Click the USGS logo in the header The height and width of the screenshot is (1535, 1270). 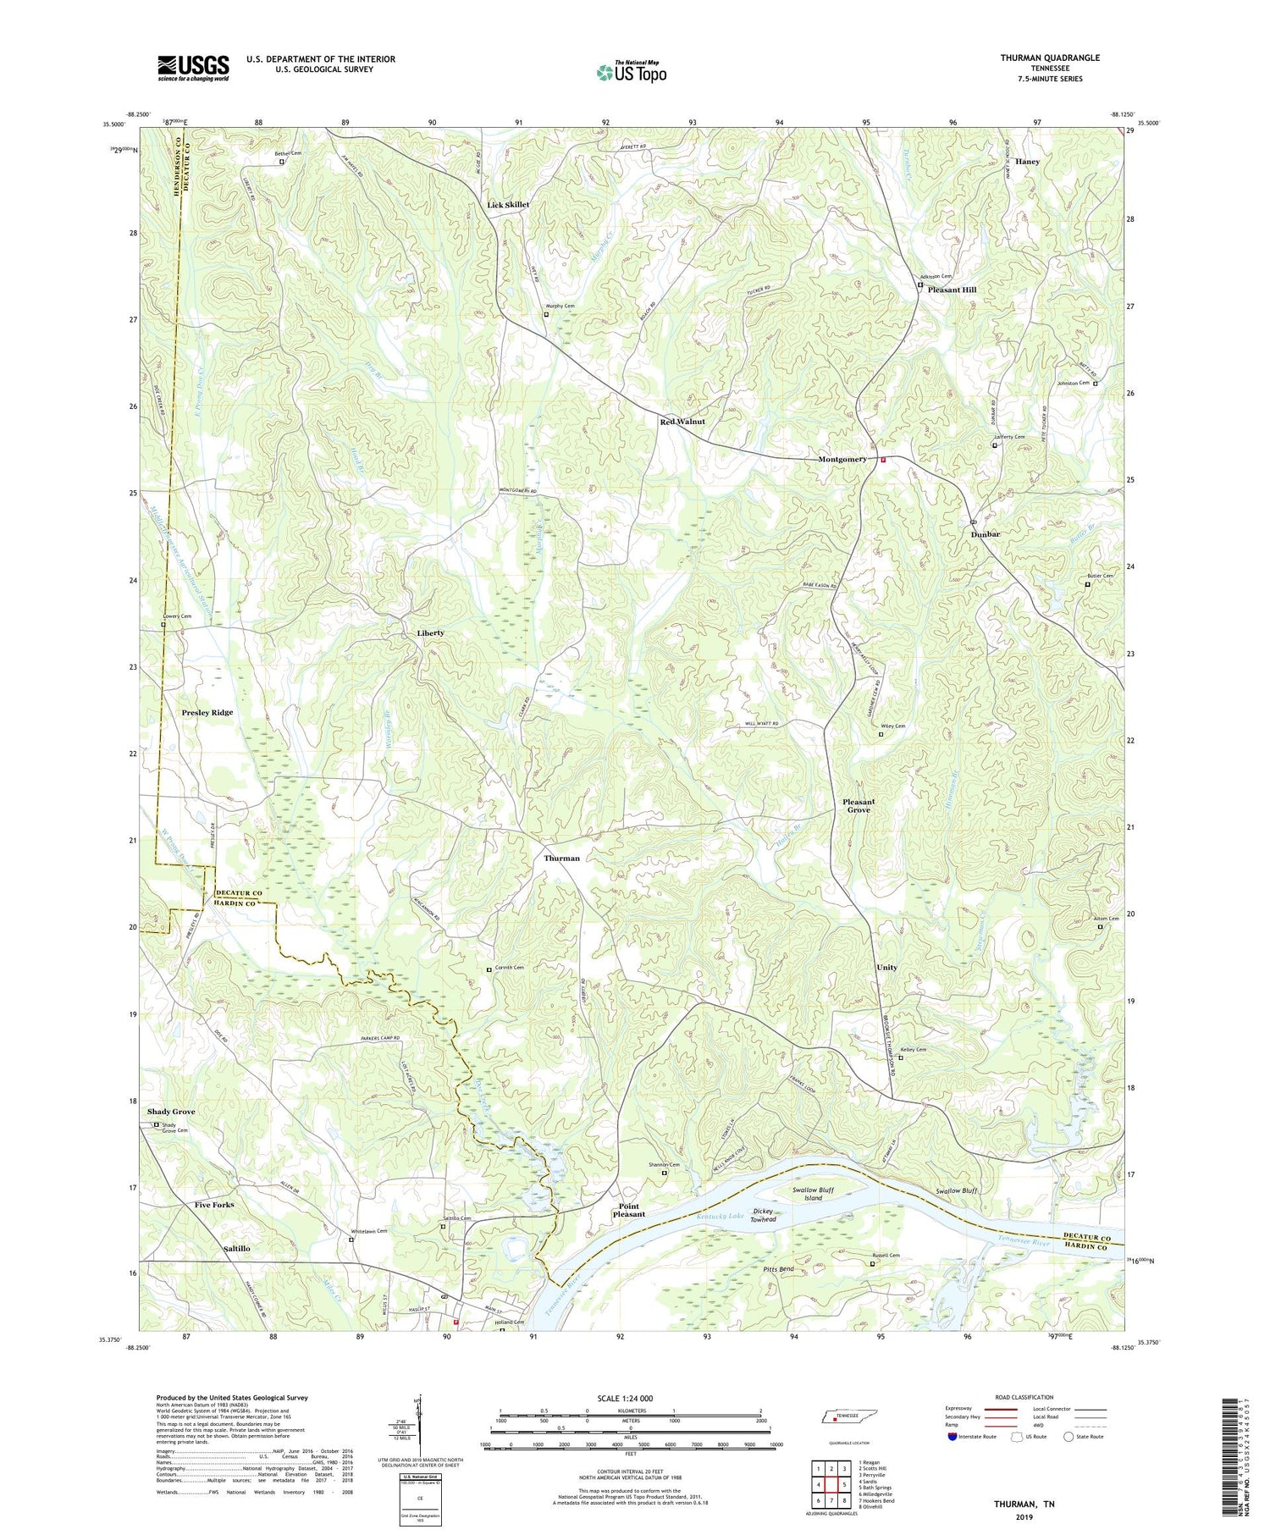point(193,68)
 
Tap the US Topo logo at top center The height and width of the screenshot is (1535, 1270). point(632,72)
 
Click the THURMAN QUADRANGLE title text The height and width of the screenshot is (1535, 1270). point(1050,58)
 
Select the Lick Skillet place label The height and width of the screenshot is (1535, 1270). point(508,205)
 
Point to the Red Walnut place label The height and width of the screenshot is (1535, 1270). point(682,422)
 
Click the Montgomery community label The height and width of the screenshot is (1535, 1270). point(842,459)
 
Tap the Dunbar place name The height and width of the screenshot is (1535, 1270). point(986,534)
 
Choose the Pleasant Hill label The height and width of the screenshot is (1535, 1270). point(952,290)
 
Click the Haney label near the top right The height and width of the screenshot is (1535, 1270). point(1027,161)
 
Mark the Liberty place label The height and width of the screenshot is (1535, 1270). point(430,632)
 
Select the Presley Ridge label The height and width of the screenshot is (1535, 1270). point(207,712)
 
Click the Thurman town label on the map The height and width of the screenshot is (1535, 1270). point(561,858)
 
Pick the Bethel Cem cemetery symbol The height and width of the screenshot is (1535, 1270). point(282,162)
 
